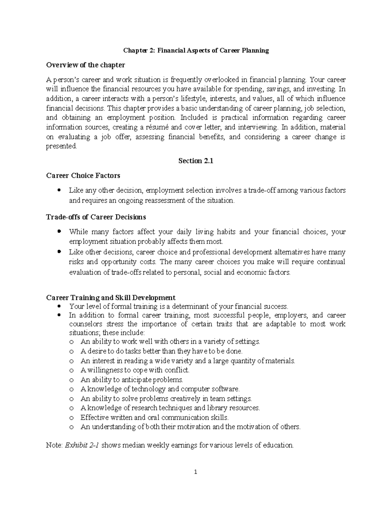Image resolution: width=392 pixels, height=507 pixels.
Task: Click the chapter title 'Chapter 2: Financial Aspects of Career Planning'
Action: [x=196, y=51]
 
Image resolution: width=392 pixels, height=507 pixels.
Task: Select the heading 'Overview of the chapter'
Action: [x=86, y=65]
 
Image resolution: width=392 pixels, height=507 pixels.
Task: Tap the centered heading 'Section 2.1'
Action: [x=196, y=161]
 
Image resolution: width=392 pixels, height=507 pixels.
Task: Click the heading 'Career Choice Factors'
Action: [x=83, y=176]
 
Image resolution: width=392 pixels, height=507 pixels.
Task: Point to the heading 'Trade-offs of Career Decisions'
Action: [x=96, y=217]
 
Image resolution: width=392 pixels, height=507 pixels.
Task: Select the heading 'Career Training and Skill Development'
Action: [x=111, y=297]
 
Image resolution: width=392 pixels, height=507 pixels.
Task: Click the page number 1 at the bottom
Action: [x=196, y=472]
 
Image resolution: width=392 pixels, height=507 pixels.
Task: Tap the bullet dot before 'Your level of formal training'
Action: [x=59, y=306]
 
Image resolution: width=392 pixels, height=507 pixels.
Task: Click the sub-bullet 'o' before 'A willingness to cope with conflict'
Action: [x=72, y=371]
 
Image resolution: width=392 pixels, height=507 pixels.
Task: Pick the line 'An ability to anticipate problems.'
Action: [x=132, y=380]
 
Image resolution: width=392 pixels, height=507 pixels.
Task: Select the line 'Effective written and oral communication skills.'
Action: [x=155, y=418]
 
